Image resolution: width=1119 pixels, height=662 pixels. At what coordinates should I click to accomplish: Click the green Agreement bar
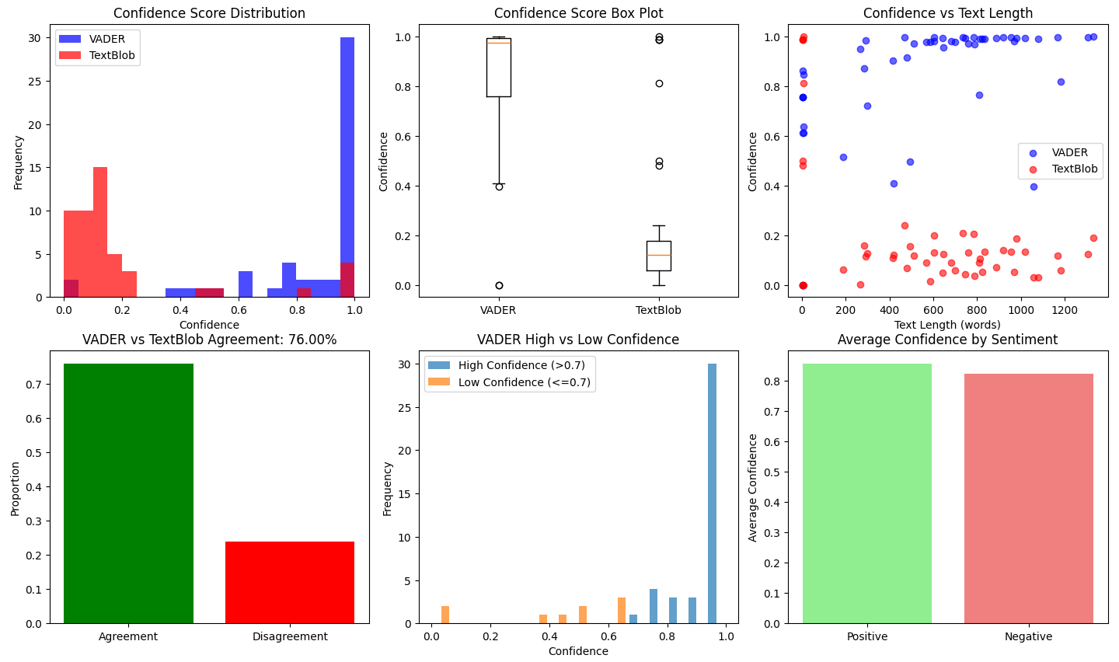coord(128,493)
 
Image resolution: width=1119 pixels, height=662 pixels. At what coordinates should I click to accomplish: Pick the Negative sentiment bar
coord(1028,498)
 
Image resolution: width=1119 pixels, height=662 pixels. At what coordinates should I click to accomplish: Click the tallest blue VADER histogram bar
coord(347,167)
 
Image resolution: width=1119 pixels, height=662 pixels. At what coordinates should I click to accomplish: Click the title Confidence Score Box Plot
coord(578,13)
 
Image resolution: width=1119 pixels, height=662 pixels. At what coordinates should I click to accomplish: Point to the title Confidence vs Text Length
coord(947,13)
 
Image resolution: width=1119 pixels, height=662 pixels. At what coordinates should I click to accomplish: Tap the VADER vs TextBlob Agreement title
coord(209,340)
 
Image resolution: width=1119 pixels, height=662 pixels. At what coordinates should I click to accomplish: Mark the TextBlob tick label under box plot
coord(658,310)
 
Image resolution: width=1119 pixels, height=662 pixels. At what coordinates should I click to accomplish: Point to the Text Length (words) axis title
coord(947,325)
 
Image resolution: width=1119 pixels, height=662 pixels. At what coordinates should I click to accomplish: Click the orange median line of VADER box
coord(498,43)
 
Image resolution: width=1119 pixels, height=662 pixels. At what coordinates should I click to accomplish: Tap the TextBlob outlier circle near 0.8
coord(659,83)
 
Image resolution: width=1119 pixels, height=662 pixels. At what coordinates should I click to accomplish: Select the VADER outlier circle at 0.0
coord(498,285)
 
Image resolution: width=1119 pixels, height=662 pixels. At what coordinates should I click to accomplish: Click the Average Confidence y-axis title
coord(752,487)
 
